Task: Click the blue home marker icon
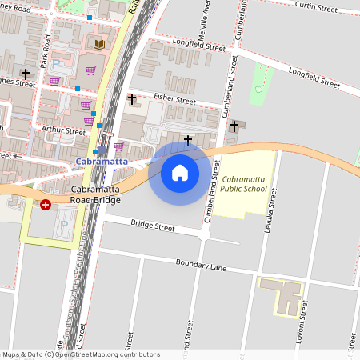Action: tap(180, 173)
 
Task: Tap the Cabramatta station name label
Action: tap(101, 162)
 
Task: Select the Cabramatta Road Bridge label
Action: tap(95, 194)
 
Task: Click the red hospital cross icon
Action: tap(46, 205)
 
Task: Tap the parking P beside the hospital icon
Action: tap(64, 226)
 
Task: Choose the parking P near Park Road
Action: tap(56, 64)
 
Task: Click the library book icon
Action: tap(99, 44)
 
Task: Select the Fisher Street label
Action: tap(174, 102)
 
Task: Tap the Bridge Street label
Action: tap(152, 226)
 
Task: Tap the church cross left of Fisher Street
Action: tap(132, 98)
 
